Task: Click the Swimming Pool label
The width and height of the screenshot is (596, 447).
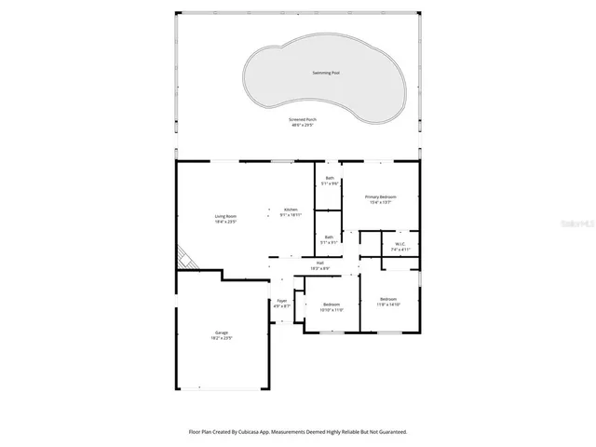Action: [x=325, y=73]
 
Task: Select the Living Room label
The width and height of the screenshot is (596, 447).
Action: [x=226, y=216]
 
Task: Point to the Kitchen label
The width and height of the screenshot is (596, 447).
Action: [x=291, y=210]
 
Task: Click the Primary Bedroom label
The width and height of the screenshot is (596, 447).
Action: [x=380, y=197]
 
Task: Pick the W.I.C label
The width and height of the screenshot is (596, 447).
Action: [x=400, y=245]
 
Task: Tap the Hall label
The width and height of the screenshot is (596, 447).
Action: [x=319, y=263]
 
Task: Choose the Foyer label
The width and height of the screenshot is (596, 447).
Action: [x=282, y=301]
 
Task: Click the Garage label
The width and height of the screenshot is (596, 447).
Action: [x=222, y=332]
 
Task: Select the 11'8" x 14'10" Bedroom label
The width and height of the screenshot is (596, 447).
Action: [x=388, y=299]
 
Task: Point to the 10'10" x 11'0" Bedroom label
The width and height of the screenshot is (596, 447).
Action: [x=332, y=305]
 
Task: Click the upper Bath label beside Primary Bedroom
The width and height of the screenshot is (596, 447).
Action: [x=330, y=179]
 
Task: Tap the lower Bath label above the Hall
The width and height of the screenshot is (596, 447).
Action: [x=329, y=237]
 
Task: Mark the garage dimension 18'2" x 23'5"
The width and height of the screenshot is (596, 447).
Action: [x=222, y=338]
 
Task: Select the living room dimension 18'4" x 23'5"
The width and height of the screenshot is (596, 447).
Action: [x=226, y=222]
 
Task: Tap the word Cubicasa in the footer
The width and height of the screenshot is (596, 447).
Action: [x=253, y=432]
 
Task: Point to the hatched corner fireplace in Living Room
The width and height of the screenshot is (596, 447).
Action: [x=187, y=257]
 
